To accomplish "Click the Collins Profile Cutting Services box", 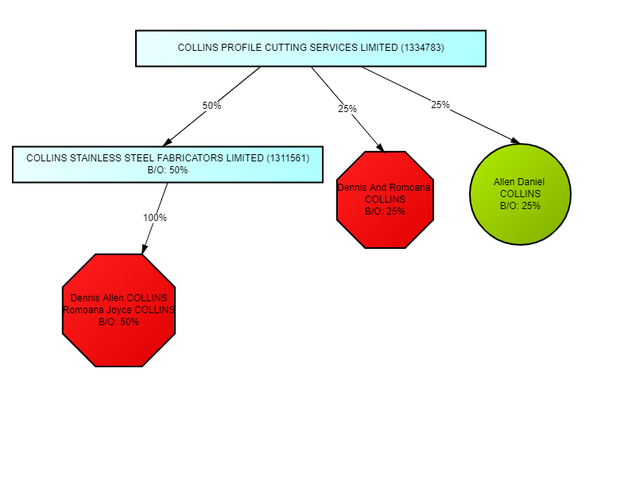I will pos(310,48).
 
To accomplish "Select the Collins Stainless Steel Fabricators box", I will pos(168,164).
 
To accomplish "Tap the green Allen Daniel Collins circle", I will pos(520,194).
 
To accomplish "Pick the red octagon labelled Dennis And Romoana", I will pos(386,200).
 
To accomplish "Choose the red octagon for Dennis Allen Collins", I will pos(118,310).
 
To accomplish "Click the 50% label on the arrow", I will pos(211,106).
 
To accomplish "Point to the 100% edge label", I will pos(154,218).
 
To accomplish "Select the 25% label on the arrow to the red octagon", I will pos(347,109).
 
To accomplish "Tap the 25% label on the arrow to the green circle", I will pos(440,105).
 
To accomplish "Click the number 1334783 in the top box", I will pos(423,48).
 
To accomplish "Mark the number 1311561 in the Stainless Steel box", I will pos(289,158).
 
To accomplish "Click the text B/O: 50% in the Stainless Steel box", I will pos(168,169).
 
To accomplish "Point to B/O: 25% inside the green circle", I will pos(520,206).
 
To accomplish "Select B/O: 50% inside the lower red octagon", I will pos(118,322).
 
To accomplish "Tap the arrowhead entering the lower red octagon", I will pos(144,249).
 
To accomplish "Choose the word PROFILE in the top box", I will pos(235,48).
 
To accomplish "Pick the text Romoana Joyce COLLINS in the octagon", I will pos(118,310).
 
